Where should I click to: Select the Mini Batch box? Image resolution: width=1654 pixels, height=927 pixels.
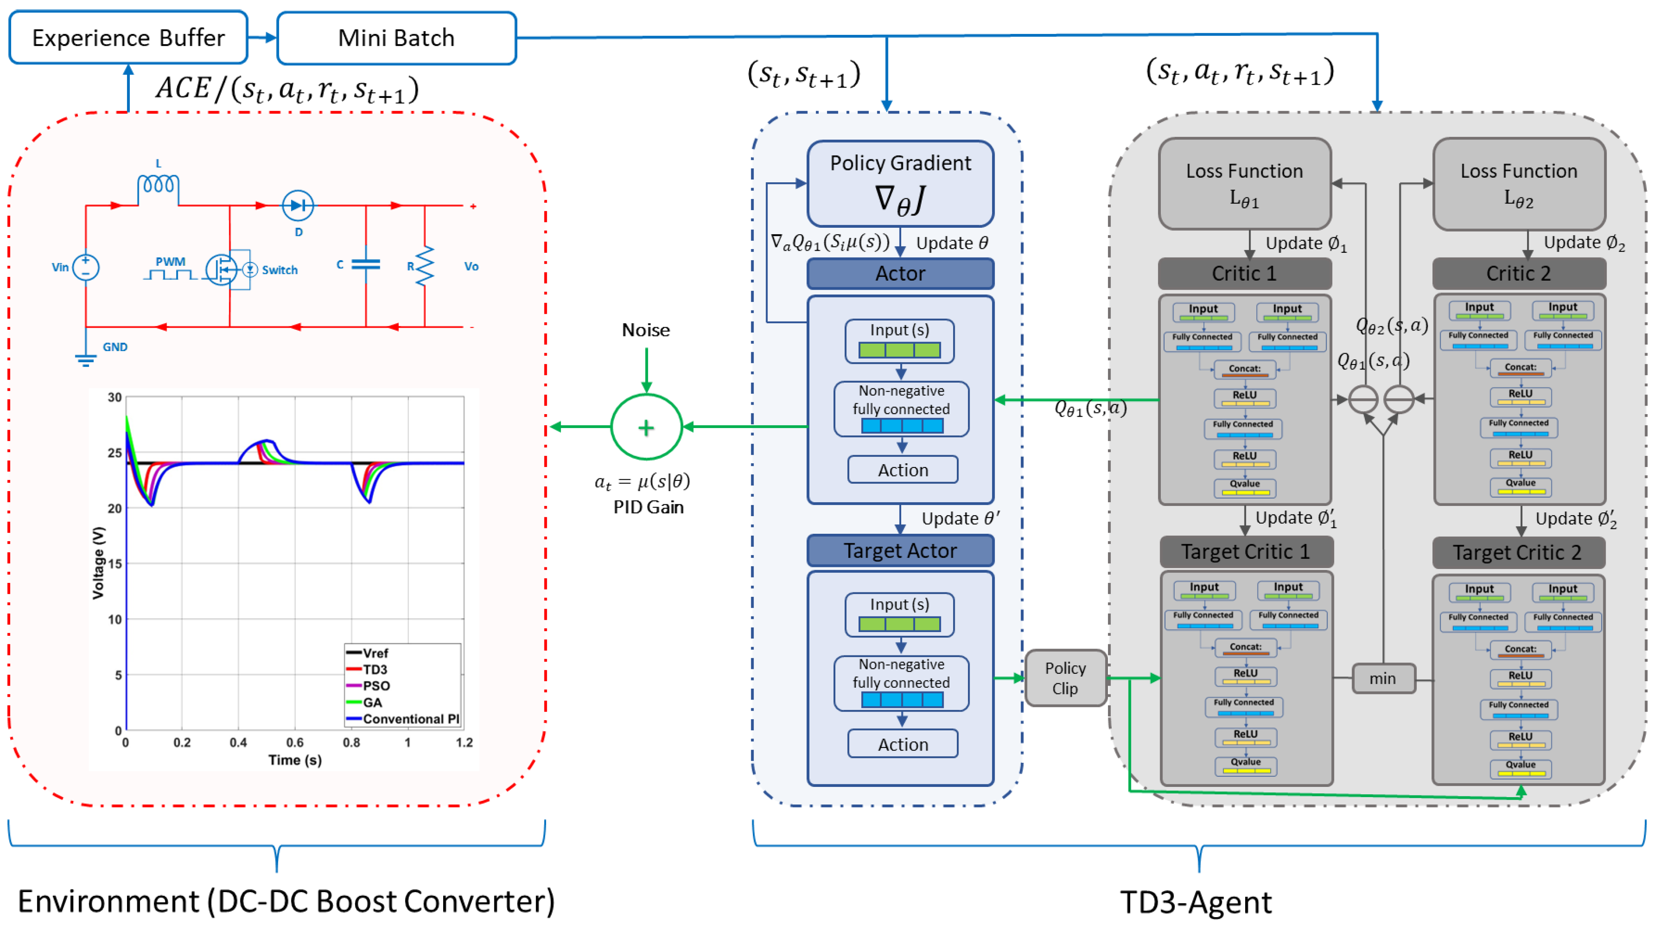[396, 38]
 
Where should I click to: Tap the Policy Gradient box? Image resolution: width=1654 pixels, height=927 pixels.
[900, 184]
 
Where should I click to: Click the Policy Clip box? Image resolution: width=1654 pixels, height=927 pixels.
[1065, 678]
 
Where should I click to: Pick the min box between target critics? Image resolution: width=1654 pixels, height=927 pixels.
[1383, 679]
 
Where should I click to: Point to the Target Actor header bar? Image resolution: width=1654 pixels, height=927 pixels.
[900, 551]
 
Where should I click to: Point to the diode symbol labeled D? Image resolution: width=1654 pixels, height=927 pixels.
[298, 206]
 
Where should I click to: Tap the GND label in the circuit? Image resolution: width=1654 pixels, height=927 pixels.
[115, 347]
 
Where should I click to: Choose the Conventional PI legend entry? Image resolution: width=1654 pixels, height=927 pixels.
[403, 719]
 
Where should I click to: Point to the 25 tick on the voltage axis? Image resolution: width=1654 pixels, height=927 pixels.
[115, 453]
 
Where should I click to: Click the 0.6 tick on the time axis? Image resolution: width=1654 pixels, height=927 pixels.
[295, 743]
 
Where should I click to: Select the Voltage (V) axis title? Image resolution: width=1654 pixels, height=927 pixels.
[98, 563]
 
